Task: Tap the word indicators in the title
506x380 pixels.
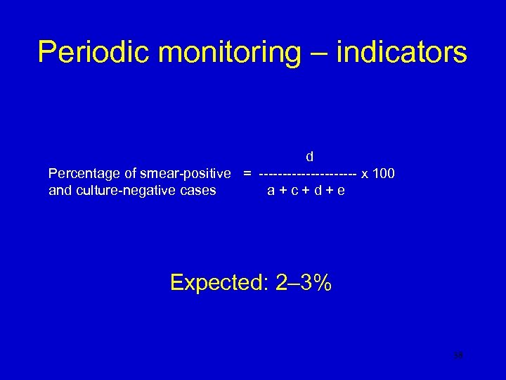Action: (x=402, y=53)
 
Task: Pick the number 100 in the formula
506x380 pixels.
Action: (x=384, y=174)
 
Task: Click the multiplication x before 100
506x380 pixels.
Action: (x=365, y=174)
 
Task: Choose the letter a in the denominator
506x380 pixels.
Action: (x=271, y=191)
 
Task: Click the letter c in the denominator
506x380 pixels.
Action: (x=296, y=191)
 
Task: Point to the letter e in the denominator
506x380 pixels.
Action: (x=341, y=191)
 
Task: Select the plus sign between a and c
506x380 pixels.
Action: (x=283, y=191)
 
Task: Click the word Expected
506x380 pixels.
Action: (x=214, y=283)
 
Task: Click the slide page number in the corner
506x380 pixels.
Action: (x=458, y=357)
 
